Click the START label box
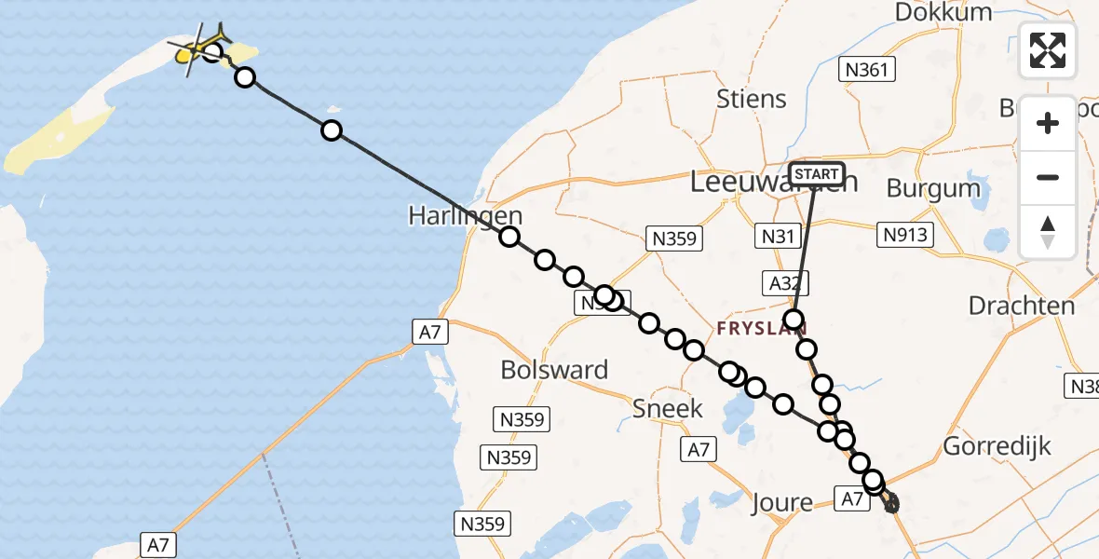(x=817, y=174)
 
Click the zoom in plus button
(x=1048, y=123)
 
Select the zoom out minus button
(x=1048, y=177)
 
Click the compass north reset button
(x=1048, y=232)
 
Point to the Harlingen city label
(x=465, y=215)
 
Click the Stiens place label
(x=752, y=99)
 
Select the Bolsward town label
(x=554, y=370)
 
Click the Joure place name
(x=781, y=503)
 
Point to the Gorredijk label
(x=997, y=446)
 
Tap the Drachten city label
(x=1021, y=306)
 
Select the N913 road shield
(x=905, y=235)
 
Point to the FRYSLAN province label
(x=761, y=329)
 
